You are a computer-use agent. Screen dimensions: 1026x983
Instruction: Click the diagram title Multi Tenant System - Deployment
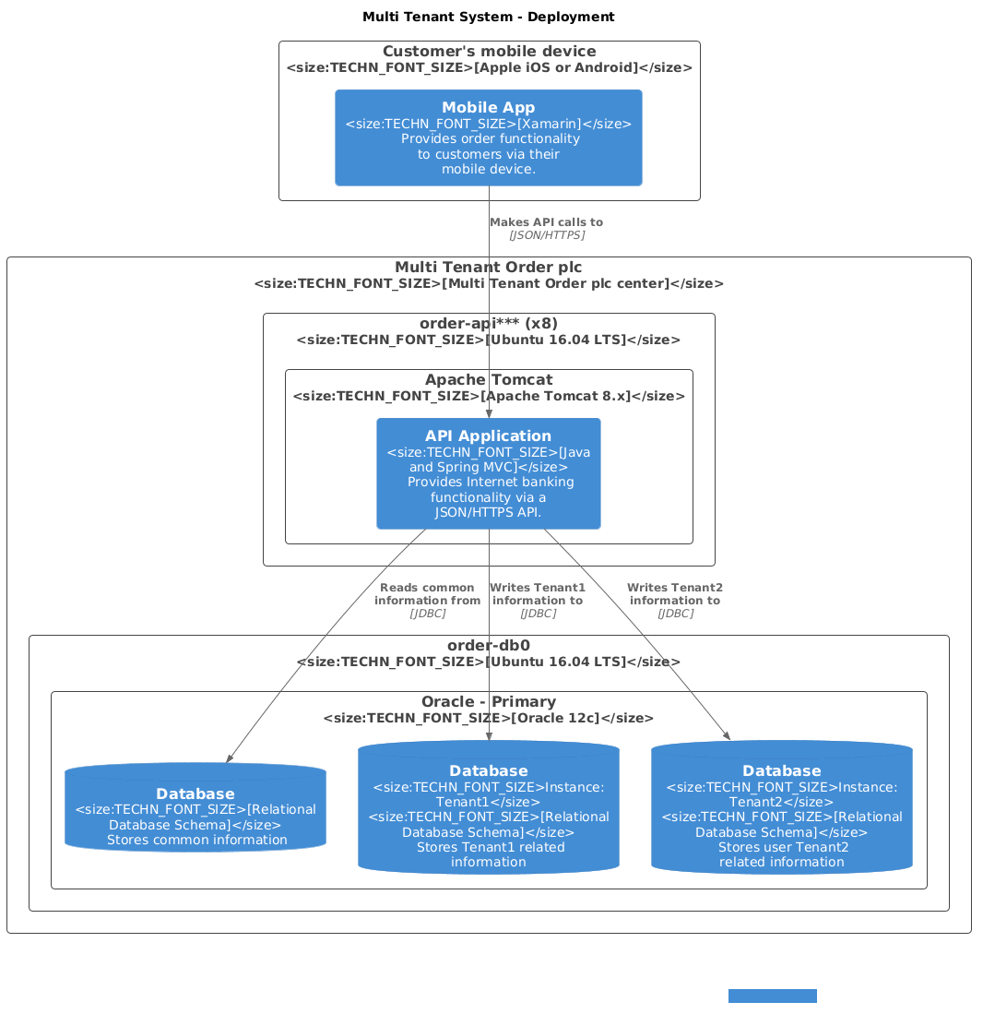pos(488,17)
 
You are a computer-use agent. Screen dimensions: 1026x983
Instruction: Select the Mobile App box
pos(488,137)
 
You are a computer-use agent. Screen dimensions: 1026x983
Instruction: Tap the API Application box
pos(488,473)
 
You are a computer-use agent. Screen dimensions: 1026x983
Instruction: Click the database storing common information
pos(195,809)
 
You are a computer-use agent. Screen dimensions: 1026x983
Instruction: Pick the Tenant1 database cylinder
pos(488,808)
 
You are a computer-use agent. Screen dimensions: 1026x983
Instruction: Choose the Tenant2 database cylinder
pos(781,808)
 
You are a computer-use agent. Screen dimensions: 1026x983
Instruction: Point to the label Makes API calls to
pos(546,222)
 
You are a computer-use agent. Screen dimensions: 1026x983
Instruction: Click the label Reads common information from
pos(427,594)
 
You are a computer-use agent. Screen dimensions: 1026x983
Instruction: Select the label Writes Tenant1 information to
pos(538,594)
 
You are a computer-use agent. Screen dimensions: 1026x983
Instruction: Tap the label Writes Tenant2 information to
pos(674,594)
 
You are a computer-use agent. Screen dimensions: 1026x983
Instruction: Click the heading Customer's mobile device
pos(489,52)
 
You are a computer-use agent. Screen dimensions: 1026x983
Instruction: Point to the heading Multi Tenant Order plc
pos(488,268)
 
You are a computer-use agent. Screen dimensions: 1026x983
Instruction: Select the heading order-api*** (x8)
pos(488,324)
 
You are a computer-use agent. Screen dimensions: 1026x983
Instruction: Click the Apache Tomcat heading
pos(488,380)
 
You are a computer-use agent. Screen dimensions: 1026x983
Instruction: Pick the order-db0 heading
pos(488,645)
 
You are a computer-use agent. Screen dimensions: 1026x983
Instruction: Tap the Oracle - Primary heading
pos(488,702)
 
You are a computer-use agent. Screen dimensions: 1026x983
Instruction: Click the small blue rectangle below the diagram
pos(772,996)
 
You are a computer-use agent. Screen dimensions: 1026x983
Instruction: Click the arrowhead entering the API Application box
pos(489,414)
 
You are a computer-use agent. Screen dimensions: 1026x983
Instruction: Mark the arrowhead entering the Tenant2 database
pos(727,735)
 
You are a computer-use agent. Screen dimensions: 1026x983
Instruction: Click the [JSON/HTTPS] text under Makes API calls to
pos(546,235)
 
